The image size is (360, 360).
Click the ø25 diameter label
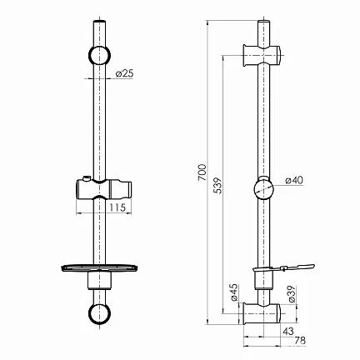coord(125,73)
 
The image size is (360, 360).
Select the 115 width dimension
coord(117,207)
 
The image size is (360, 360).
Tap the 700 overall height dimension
coord(202,172)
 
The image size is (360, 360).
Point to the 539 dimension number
coord(218,186)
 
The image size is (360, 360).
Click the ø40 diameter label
coord(294,181)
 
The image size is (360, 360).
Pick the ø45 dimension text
coord(234,292)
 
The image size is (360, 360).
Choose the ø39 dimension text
coord(292,294)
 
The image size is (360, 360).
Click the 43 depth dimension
coord(288,331)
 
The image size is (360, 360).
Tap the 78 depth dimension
coord(300,341)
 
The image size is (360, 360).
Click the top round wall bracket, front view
coord(99,55)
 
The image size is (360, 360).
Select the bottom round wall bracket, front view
coord(99,313)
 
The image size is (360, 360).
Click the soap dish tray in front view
coord(99,268)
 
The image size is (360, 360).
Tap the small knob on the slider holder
coord(87,177)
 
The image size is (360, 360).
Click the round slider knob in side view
coord(263,188)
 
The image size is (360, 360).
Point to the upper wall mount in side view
coord(262,56)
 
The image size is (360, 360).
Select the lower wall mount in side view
coord(262,313)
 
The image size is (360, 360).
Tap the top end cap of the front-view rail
coord(99,21)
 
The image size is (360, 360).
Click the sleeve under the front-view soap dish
coord(99,281)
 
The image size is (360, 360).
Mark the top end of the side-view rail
coord(263,22)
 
